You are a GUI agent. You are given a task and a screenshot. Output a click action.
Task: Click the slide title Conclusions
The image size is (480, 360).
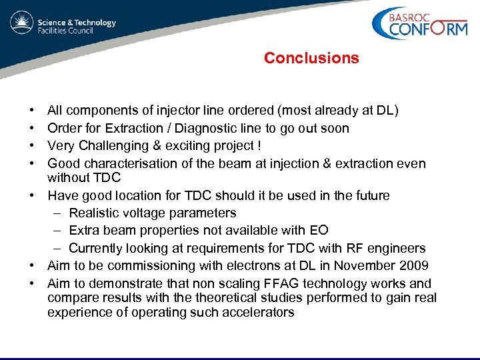(311, 58)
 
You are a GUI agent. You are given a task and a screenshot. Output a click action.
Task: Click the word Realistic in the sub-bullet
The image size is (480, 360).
(95, 213)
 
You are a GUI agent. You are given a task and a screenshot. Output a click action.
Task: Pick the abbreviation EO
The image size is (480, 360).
(318, 231)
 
